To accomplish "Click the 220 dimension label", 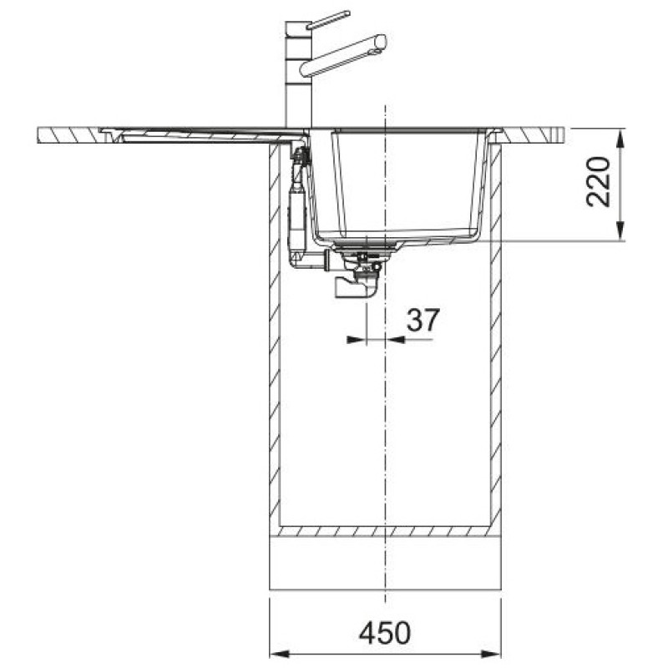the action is [x=598, y=182].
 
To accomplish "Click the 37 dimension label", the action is [x=423, y=321].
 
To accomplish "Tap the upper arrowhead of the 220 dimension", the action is [x=621, y=139].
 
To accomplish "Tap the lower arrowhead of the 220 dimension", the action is [x=621, y=230].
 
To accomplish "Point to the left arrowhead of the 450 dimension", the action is [x=280, y=654].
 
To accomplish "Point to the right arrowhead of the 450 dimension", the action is [x=491, y=654].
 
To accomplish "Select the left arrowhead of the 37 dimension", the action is [x=357, y=340].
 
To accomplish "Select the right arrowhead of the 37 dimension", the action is [x=394, y=340].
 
